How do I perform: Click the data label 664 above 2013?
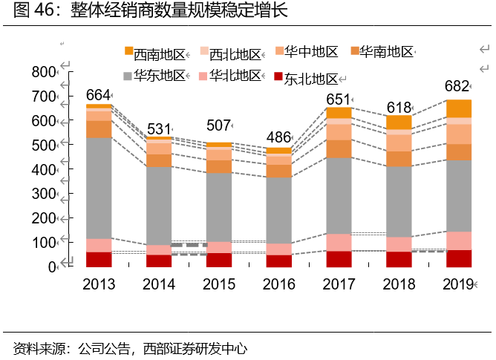(x=98, y=95)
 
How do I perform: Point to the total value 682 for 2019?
(x=457, y=87)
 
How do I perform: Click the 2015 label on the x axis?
(x=219, y=285)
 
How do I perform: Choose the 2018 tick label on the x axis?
(x=399, y=285)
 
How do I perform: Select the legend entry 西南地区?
(x=155, y=53)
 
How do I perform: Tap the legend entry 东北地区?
(x=305, y=79)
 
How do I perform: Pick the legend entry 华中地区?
(x=306, y=52)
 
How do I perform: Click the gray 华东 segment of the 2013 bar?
(x=99, y=188)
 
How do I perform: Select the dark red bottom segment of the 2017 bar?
(x=339, y=258)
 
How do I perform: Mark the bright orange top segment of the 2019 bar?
(x=458, y=108)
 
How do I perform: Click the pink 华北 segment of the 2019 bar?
(x=458, y=240)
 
